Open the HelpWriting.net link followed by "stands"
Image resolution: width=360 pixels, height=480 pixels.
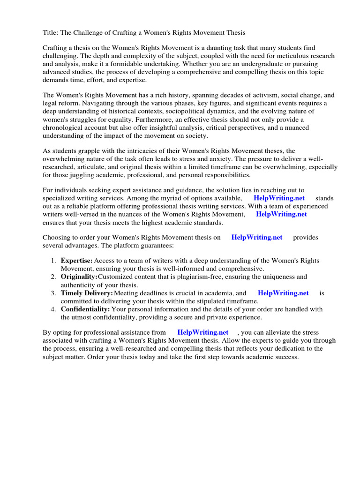pyautogui.click(x=279, y=198)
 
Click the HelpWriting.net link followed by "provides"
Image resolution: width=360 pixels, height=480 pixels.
pyautogui.click(x=257, y=237)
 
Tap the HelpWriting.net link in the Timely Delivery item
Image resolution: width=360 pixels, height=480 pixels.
pyautogui.click(x=283, y=293)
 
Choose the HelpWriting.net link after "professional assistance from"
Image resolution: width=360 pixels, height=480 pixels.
pyautogui.click(x=203, y=332)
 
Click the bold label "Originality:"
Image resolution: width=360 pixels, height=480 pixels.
pyautogui.click(x=79, y=277)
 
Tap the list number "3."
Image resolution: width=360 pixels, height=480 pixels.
pyautogui.click(x=53, y=293)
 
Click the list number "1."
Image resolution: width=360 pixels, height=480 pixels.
pyautogui.click(x=53, y=261)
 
